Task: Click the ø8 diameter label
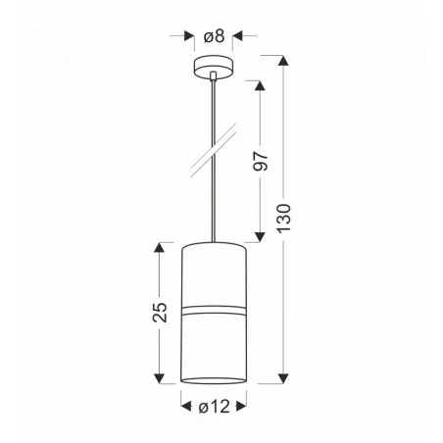(x=214, y=36)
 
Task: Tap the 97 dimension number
(x=261, y=161)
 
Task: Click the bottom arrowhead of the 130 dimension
(x=284, y=376)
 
